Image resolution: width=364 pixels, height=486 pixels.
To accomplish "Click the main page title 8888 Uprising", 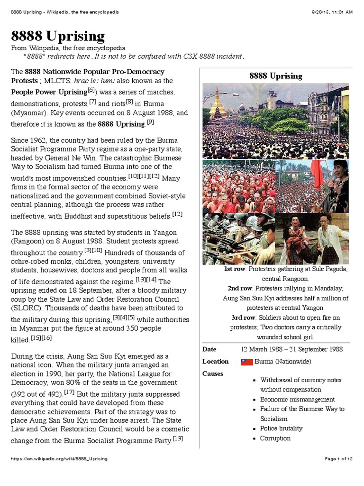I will coord(58,37).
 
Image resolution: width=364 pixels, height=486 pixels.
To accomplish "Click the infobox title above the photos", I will coord(275,76).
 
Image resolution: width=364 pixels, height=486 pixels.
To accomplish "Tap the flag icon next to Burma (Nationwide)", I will coord(247,362).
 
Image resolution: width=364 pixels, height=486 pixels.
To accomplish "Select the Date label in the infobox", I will coord(209,349).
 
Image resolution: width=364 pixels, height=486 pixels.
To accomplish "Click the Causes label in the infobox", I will coord(213,374).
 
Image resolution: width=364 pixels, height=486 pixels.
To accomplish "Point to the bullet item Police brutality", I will coord(282,428).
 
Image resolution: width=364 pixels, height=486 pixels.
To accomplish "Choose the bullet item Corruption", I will coord(275,438).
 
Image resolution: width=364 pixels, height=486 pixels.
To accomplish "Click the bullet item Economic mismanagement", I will coord(297,399).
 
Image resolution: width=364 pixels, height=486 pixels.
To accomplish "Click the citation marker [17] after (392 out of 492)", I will coord(69,392).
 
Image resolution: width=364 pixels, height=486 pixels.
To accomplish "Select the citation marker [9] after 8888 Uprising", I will coord(150,122).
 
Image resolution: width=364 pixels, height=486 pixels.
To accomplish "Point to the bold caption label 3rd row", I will coord(242,318).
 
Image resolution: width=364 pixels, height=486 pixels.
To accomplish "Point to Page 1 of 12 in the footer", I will coord(338,459).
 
